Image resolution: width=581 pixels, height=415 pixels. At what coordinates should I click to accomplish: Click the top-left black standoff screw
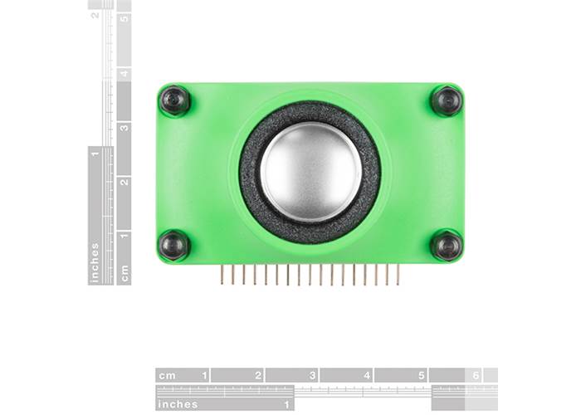tap(174, 100)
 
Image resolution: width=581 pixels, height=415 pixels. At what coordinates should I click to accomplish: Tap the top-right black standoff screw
tap(447, 100)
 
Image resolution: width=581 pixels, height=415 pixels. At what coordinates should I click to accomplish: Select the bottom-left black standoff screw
tap(173, 246)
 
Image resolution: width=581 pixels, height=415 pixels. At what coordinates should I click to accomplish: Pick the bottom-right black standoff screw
tap(447, 246)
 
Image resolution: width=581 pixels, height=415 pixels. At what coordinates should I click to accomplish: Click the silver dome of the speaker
tap(311, 172)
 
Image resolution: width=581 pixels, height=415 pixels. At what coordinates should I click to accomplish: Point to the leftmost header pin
tap(222, 274)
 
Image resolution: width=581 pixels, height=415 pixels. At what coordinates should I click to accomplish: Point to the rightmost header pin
tap(398, 274)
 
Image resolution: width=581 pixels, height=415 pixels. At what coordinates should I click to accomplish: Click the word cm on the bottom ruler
tap(167, 376)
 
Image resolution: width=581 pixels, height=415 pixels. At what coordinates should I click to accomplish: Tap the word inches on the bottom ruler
tap(178, 404)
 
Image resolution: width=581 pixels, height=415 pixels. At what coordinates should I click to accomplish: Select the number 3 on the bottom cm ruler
tap(312, 375)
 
